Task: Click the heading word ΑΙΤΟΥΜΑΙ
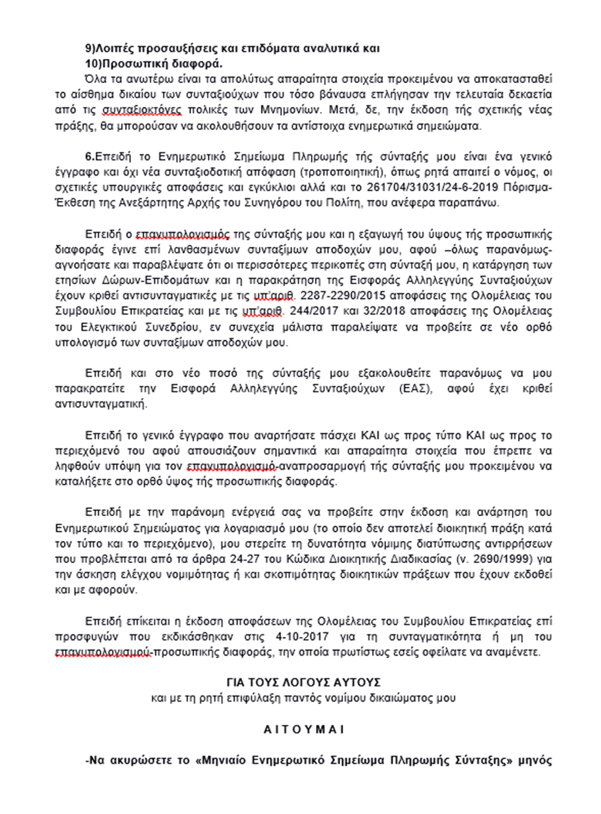304,729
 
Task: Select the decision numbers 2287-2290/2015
340,296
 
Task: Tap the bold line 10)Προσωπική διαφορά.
153,64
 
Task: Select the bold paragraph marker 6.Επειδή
105,156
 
